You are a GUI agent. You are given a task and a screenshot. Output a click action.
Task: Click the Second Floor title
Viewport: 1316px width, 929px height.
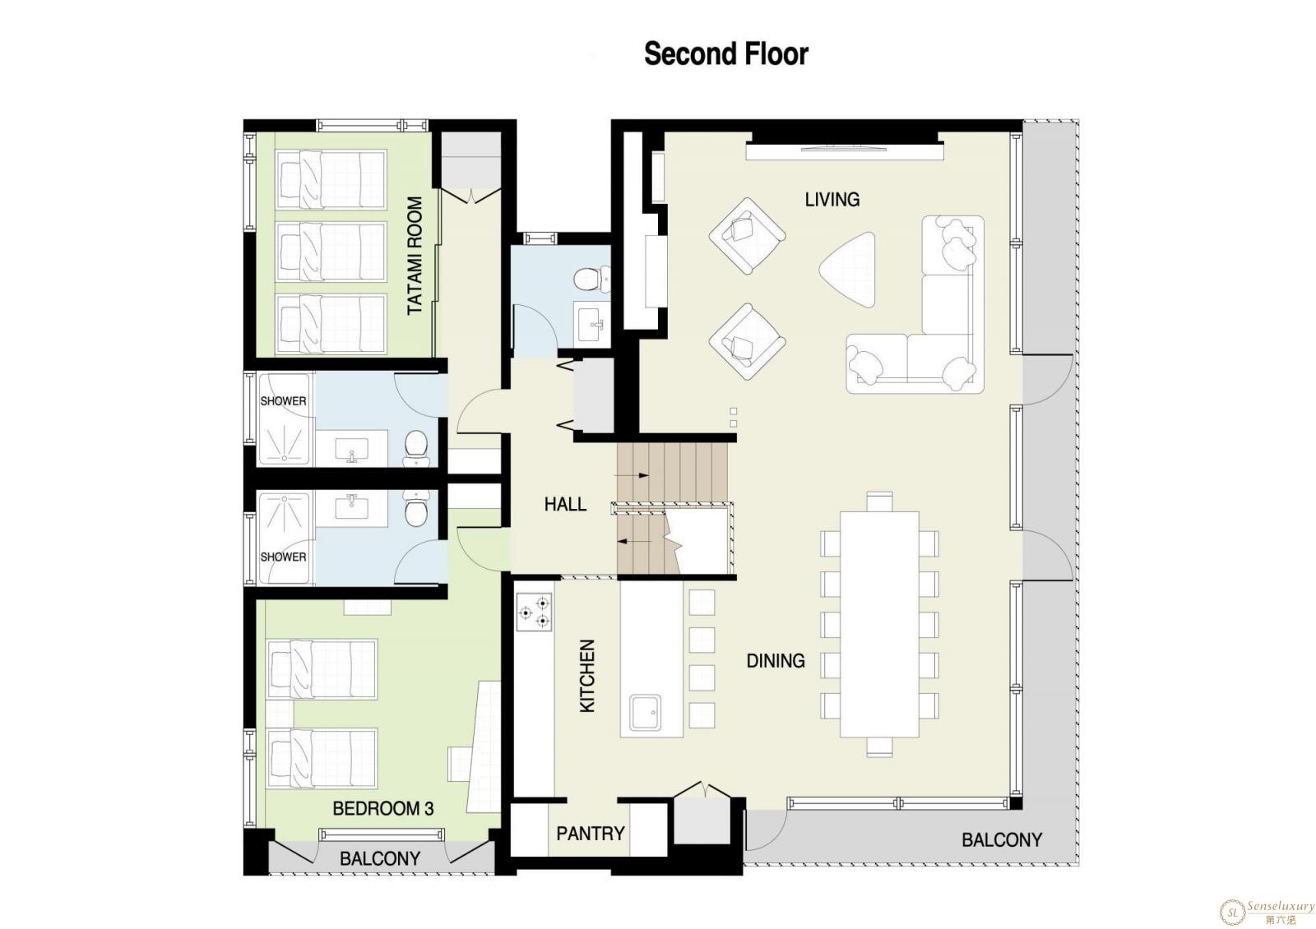[726, 53]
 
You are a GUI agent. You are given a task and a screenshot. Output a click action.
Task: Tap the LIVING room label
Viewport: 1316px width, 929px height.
[832, 200]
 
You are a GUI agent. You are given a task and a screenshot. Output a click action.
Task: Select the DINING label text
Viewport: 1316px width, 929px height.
[776, 661]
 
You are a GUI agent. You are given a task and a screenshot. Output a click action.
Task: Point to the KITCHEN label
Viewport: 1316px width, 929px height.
[587, 676]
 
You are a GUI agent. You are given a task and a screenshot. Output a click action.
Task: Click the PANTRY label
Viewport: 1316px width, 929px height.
[591, 834]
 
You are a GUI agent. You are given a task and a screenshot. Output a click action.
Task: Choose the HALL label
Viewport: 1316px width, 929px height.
[565, 504]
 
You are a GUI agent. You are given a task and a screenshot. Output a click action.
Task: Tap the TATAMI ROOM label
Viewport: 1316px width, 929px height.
[415, 256]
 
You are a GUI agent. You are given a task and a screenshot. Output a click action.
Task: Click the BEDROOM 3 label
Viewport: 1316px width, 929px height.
[383, 809]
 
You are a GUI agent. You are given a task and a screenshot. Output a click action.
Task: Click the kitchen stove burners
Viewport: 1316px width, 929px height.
[534, 612]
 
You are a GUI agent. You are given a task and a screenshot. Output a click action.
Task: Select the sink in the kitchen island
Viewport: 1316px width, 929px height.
[645, 712]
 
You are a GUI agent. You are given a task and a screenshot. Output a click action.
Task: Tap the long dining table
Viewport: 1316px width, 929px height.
[879, 624]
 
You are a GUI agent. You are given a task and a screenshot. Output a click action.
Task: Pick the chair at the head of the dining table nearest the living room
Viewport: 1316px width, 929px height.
[879, 502]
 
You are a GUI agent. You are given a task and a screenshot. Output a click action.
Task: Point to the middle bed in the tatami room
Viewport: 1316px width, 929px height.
[331, 252]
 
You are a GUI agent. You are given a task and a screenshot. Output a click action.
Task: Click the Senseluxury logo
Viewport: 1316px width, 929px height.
[1266, 912]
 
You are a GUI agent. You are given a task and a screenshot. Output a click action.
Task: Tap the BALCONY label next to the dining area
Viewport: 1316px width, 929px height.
[1002, 840]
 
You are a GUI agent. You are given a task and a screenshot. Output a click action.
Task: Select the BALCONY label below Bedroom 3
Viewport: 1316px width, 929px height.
[379, 858]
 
